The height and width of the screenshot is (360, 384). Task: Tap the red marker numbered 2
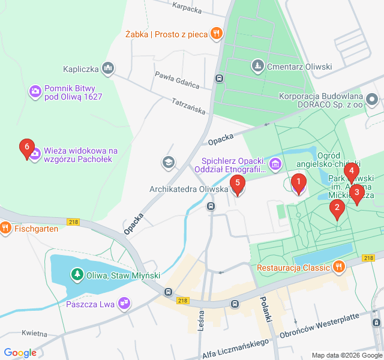point(337,208)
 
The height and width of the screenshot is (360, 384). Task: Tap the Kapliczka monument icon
point(108,69)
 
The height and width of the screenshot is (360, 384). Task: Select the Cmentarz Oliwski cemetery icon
point(257,64)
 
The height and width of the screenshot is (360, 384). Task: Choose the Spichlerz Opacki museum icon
point(275,163)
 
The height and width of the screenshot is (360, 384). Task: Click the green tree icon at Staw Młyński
point(77,275)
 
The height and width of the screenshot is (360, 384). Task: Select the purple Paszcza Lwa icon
point(124,304)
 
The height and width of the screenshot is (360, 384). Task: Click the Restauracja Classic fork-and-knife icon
point(339,266)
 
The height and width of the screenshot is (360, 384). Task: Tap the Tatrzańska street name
point(188,107)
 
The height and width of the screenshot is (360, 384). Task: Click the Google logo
point(20,352)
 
